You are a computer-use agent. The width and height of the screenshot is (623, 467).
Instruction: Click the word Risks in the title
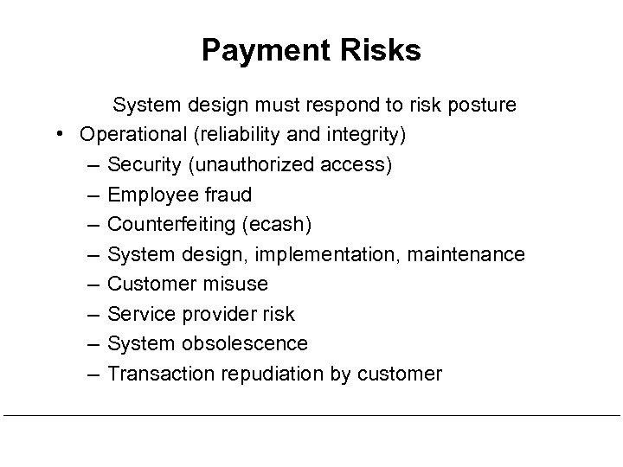(x=376, y=50)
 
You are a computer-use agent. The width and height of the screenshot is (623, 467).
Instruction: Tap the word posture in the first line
(x=478, y=106)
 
